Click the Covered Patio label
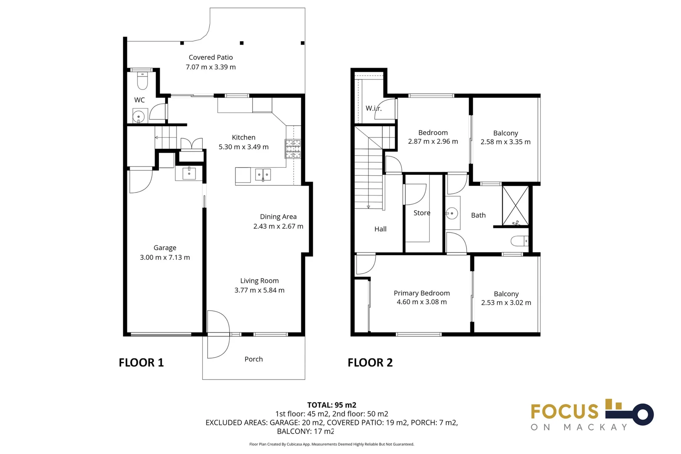211,57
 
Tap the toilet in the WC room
143,81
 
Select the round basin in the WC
138,116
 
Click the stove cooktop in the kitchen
293,149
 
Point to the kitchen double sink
263,174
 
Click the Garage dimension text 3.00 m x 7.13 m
165,257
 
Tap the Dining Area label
278,216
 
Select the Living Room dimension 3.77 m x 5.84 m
259,290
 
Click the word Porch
253,359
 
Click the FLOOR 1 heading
141,362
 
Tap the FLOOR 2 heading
370,362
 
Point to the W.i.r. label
373,108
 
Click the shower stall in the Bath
515,206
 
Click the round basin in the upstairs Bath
452,213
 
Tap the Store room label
422,213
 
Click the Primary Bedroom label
422,293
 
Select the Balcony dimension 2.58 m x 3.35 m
505,142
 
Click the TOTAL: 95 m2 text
332,405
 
